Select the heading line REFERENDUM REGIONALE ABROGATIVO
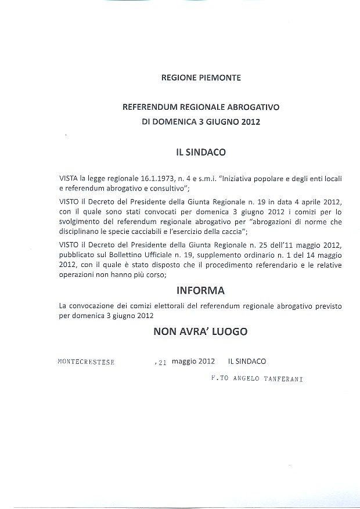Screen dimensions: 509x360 201,107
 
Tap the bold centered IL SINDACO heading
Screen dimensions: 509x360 201,152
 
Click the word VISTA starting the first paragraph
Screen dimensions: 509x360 69,179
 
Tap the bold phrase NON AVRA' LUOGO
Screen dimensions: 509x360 200,331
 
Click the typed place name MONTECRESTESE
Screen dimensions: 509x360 87,362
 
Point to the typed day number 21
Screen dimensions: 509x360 162,362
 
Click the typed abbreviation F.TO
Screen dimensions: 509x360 221,378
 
